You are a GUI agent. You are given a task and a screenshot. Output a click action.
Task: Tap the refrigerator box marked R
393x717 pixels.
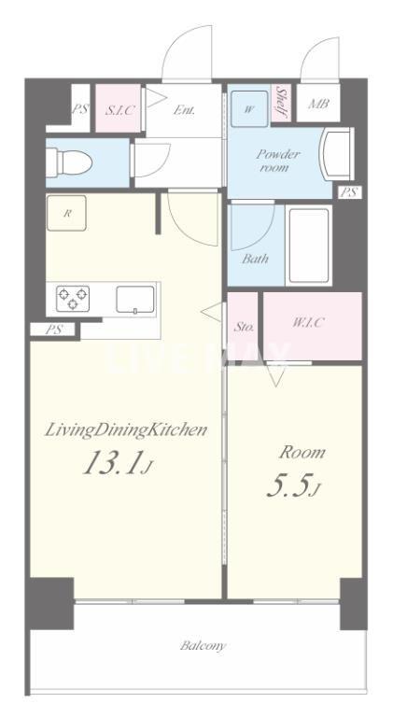point(66,213)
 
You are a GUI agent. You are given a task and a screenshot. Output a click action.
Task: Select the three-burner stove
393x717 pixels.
point(73,299)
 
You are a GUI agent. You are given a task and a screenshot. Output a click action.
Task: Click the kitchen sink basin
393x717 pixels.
point(134,300)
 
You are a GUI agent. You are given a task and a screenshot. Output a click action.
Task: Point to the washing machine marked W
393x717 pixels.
point(249,109)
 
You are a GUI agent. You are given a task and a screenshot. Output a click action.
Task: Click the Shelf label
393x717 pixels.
point(281,104)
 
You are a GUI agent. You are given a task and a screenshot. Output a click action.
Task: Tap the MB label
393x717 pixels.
point(318,104)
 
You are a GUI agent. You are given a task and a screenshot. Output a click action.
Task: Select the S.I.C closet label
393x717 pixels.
point(120,110)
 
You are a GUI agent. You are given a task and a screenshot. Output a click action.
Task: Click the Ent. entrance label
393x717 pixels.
point(185,110)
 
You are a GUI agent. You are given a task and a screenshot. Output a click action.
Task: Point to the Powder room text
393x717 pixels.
point(278,161)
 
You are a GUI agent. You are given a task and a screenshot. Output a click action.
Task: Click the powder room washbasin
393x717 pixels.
point(338,154)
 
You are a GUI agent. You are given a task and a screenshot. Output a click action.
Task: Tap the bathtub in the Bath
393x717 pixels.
point(309,246)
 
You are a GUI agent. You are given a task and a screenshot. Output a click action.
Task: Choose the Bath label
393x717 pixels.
point(255,260)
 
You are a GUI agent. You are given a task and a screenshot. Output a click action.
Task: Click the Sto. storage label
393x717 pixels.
point(244,328)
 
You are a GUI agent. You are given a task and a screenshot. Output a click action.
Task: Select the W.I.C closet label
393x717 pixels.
point(308,323)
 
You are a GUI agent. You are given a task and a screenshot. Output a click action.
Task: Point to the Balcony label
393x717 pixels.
point(203,646)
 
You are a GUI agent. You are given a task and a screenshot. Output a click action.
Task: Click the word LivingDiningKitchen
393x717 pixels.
point(126,430)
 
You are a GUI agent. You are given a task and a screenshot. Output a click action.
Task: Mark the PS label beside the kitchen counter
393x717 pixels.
point(53,330)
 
